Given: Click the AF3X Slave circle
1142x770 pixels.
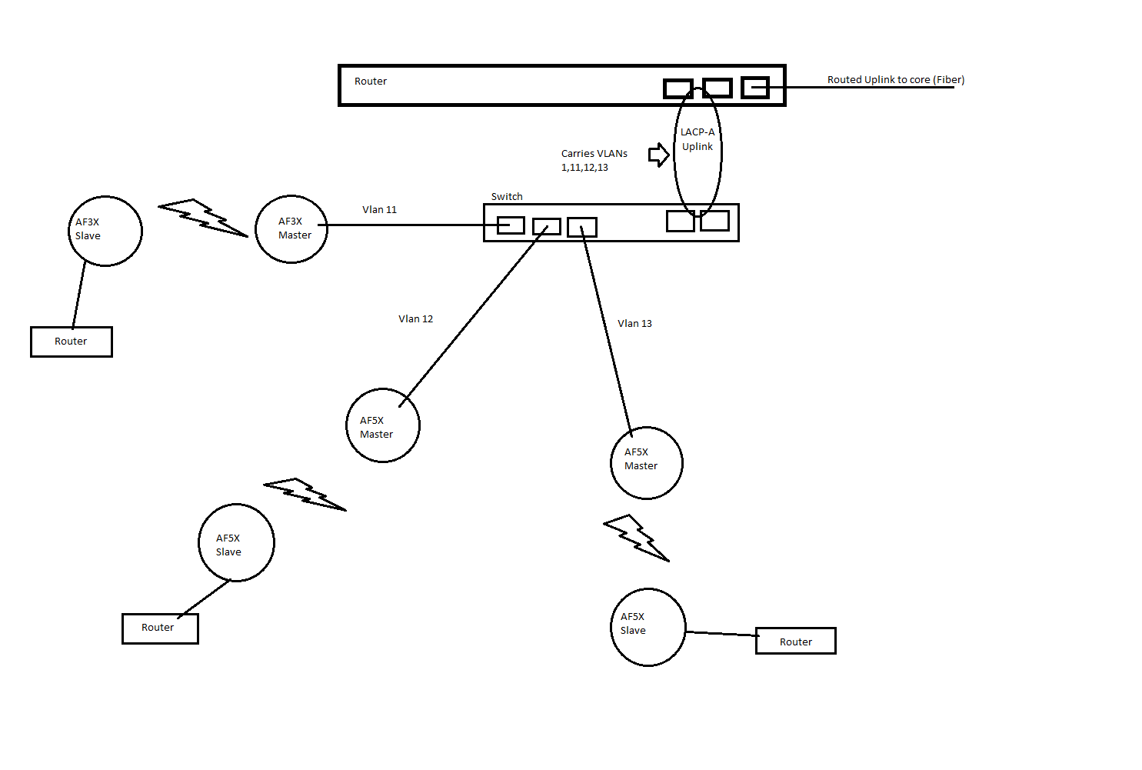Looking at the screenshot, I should coord(105,231).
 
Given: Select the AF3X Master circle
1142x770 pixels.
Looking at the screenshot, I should coord(291,229).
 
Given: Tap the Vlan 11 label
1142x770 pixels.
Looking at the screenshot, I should coord(379,209).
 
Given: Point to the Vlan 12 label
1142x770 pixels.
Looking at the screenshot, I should coord(415,318).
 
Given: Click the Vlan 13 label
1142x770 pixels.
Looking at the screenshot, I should coord(634,323).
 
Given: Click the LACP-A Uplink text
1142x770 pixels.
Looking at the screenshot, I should coord(698,139).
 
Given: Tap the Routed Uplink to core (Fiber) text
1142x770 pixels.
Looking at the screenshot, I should coord(895,79).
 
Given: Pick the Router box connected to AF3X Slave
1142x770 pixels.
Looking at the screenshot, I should coord(72,342).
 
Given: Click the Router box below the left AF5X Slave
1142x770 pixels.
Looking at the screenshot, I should coord(160,628).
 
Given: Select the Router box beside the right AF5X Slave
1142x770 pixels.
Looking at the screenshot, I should coord(795,642).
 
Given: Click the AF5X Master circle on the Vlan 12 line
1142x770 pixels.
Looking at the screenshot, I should coord(383,425).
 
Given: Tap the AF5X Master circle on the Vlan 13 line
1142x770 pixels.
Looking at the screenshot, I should coord(646,463).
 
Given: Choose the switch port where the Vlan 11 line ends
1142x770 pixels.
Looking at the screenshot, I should coord(511,225).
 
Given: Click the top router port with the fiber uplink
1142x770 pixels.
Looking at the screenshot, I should coord(755,88).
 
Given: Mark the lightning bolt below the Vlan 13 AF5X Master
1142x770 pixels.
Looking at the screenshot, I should coord(636,537).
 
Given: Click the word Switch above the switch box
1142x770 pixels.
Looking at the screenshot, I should coord(507,196).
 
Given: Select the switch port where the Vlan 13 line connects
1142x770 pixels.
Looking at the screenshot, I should coord(582,227).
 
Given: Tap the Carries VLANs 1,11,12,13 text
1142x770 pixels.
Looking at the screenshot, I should coord(594,160).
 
